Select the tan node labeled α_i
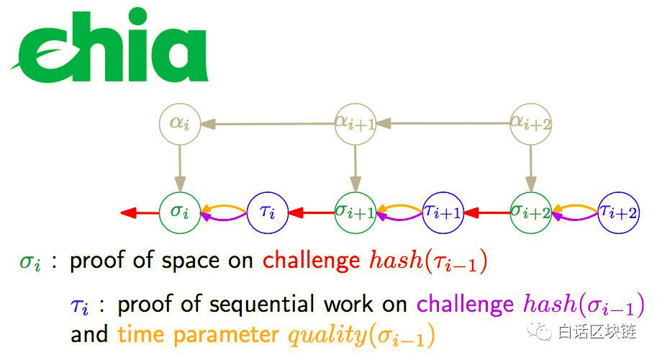click(x=179, y=124)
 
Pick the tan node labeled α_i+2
click(x=531, y=124)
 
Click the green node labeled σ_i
click(x=179, y=212)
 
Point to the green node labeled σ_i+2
click(x=531, y=212)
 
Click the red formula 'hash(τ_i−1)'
click(x=425, y=261)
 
